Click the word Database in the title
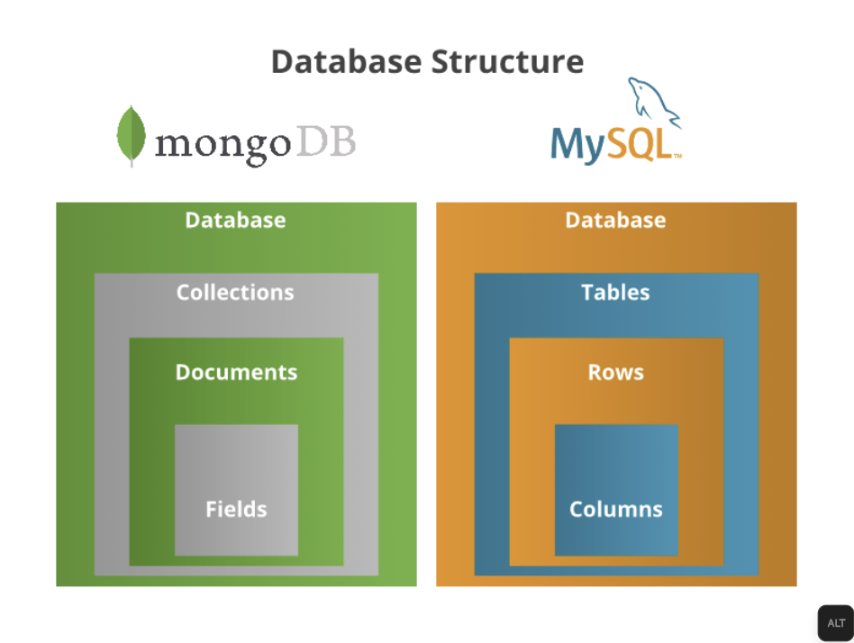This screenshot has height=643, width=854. point(347,62)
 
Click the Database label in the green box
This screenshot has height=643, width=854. point(235,221)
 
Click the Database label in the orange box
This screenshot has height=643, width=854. point(615,221)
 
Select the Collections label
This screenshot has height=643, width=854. point(235,293)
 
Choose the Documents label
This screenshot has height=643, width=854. point(236,373)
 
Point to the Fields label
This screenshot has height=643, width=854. point(236,510)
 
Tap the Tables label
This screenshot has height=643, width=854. point(615,293)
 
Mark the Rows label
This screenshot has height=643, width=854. point(616,373)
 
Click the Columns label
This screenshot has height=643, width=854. point(616,510)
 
